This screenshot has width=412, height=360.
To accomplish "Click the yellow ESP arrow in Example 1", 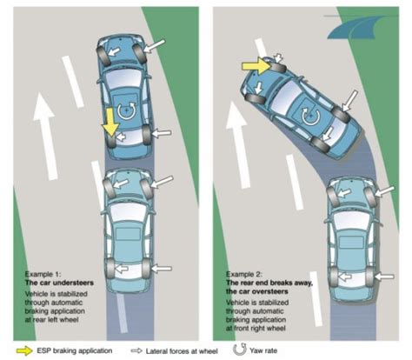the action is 110,122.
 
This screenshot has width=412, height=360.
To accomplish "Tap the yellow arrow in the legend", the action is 24,350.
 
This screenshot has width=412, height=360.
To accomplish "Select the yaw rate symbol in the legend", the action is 239,350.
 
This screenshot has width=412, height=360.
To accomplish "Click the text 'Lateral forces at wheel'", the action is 182,351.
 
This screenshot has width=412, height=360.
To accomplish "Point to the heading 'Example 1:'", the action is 43,274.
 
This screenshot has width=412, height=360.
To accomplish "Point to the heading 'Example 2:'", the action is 244,274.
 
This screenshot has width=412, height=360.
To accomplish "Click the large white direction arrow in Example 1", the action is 45,136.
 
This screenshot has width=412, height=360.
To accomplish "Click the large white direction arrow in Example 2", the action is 238,144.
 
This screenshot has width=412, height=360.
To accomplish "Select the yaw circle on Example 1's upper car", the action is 127,110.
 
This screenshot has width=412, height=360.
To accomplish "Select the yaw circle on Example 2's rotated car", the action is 311,117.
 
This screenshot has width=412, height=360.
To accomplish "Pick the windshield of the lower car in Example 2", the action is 352,218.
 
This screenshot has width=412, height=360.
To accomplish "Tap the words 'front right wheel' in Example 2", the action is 259,329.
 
